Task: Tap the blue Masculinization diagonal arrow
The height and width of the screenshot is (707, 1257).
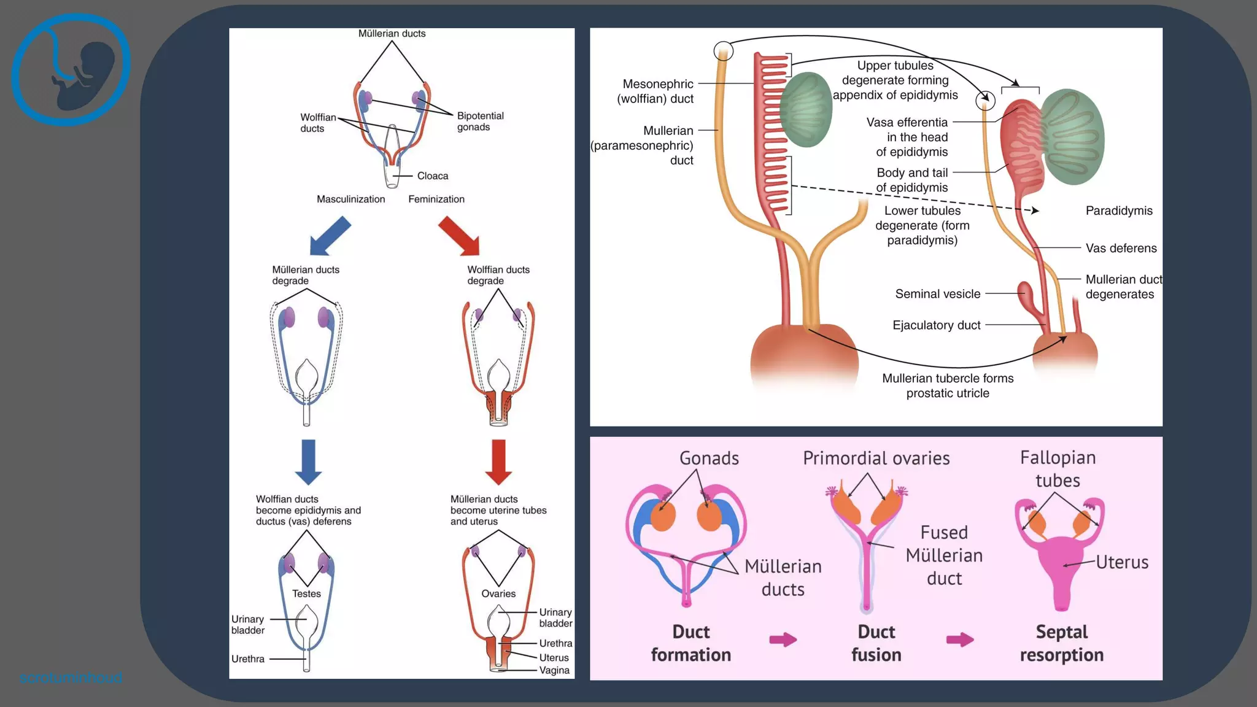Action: coord(330,236)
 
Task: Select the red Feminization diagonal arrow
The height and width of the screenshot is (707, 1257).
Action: coord(459,236)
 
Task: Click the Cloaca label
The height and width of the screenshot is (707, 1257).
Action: coord(433,176)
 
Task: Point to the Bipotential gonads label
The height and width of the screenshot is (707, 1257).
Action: coord(480,122)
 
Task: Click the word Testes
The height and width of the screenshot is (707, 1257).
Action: coord(306,593)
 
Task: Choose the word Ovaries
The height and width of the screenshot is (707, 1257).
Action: coord(498,593)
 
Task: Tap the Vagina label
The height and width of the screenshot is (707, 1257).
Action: coord(554,670)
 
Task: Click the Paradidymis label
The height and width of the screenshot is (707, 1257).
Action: coord(1119,211)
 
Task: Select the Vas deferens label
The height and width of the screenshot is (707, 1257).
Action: coord(1121,248)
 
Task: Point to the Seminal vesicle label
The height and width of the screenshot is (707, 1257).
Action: coord(938,294)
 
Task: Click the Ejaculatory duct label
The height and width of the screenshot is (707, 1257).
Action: coord(937,325)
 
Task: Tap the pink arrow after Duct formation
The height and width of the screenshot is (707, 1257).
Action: coord(783,640)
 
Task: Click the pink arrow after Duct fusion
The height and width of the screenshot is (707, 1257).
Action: coord(960,640)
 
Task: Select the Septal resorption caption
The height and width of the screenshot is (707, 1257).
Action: coord(1062,643)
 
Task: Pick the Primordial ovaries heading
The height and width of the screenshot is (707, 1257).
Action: coord(876,458)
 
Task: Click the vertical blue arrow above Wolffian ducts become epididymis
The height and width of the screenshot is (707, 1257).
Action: coord(308,462)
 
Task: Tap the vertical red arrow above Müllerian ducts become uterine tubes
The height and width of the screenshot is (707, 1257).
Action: coord(498,462)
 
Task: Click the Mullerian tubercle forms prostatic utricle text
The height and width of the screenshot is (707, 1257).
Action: coord(948,385)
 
